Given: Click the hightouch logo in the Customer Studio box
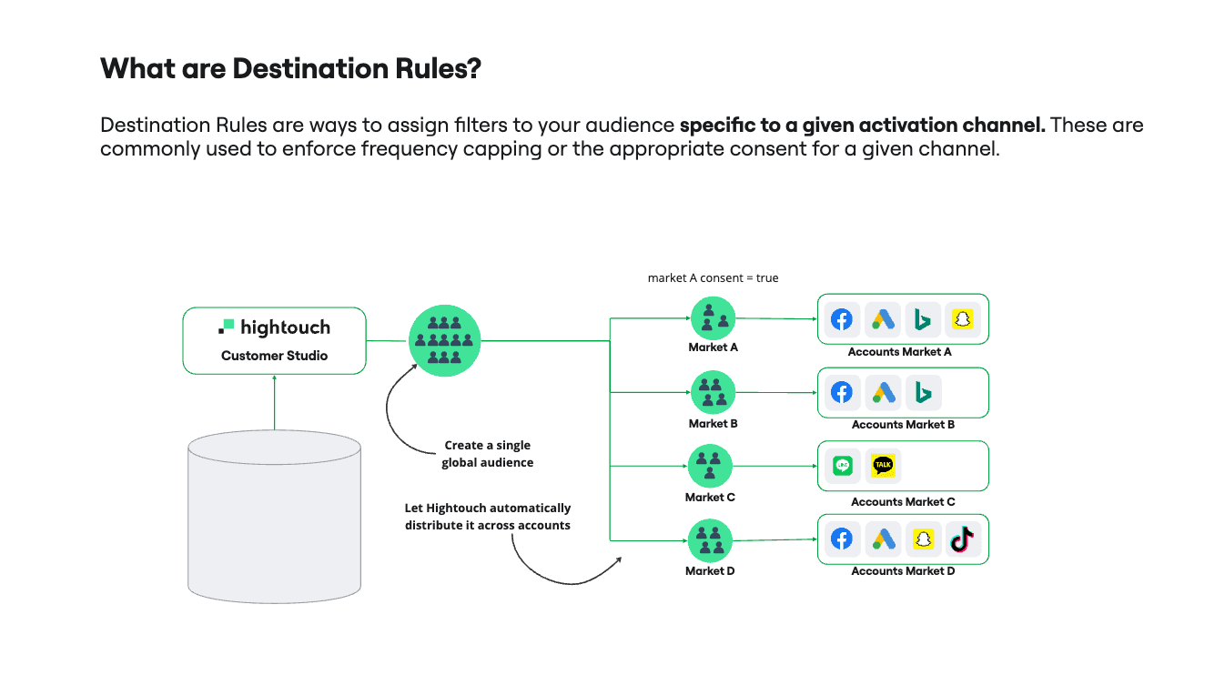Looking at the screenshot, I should pyautogui.click(x=274, y=327).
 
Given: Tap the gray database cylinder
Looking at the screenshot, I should pyautogui.click(x=274, y=517).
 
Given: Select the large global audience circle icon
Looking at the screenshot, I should pyautogui.click(x=444, y=340).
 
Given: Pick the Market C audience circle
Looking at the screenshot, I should pyautogui.click(x=708, y=466).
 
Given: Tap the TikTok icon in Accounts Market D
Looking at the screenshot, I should pyautogui.click(x=961, y=539).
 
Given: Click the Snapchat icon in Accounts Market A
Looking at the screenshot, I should pyautogui.click(x=961, y=319).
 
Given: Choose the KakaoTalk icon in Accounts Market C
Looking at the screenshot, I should pyautogui.click(x=883, y=466).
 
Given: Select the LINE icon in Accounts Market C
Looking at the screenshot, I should pyautogui.click(x=842, y=466).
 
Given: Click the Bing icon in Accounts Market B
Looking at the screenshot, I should pyautogui.click(x=923, y=392).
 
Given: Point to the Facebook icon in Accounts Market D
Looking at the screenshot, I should pyautogui.click(x=842, y=539).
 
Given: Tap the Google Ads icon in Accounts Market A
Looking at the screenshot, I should pyautogui.click(x=883, y=319).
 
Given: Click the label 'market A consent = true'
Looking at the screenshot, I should pyautogui.click(x=713, y=277).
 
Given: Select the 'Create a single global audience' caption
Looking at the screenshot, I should pyautogui.click(x=487, y=454).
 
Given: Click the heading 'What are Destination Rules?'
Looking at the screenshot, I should pyautogui.click(x=290, y=68).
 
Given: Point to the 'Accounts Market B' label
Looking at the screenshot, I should pyautogui.click(x=903, y=425).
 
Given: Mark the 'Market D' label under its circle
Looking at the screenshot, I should pyautogui.click(x=710, y=571).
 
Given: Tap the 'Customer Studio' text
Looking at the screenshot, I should pyautogui.click(x=274, y=356).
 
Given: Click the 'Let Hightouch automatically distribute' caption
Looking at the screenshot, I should pyautogui.click(x=488, y=517).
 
